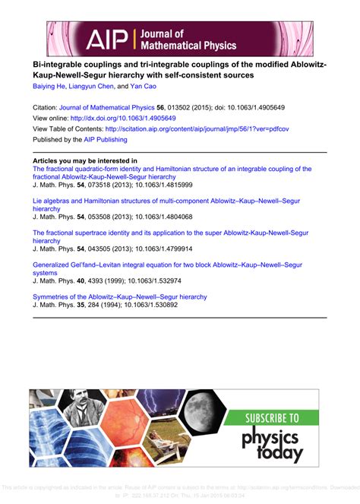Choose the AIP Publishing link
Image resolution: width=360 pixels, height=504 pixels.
coord(107,140)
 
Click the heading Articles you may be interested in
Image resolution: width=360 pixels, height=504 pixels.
coord(84,161)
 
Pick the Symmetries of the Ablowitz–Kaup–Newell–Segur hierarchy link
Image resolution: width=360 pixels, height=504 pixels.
coord(119,296)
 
